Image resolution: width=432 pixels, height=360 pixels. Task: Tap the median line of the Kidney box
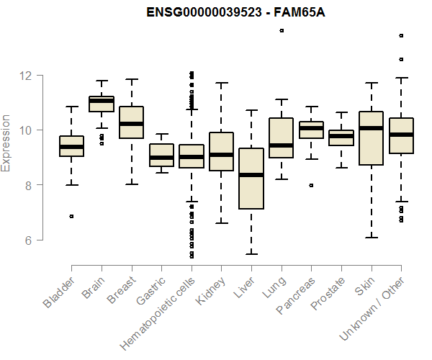pyautogui.click(x=221, y=154)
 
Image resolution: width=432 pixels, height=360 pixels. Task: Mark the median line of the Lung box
pyautogui.click(x=281, y=145)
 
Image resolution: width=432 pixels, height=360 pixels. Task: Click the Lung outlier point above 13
pyautogui.click(x=282, y=30)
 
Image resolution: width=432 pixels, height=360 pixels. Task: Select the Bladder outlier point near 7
pyautogui.click(x=71, y=216)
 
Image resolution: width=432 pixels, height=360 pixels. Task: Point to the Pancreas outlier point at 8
pyautogui.click(x=311, y=185)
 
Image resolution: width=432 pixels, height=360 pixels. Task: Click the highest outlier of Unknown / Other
pyautogui.click(x=401, y=35)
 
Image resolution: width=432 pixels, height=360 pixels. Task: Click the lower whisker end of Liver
pyautogui.click(x=251, y=253)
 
